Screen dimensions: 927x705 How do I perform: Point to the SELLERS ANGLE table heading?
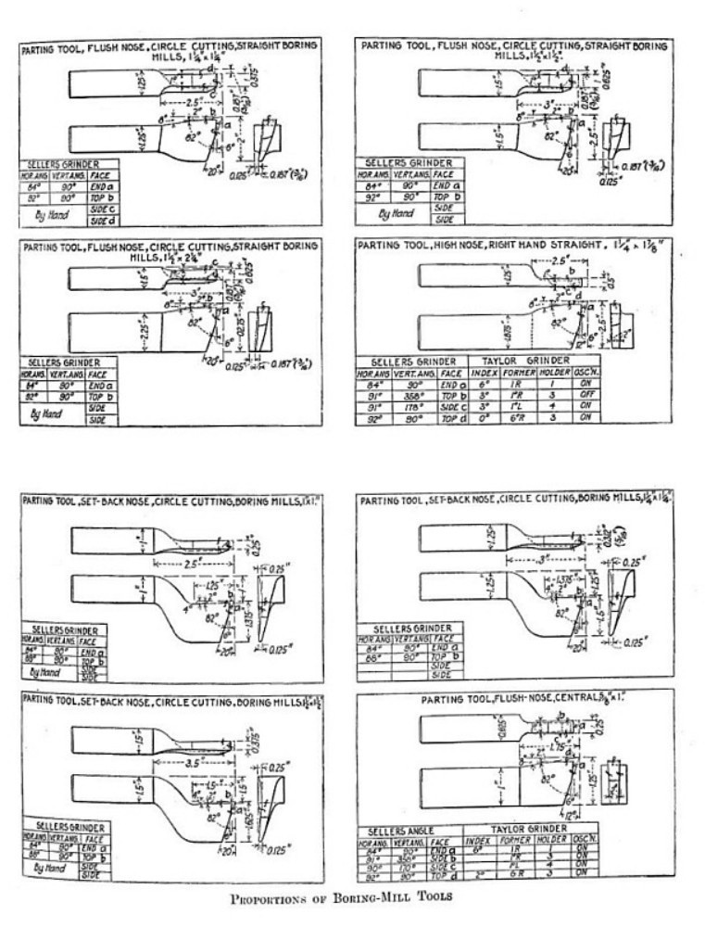coord(400,831)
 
